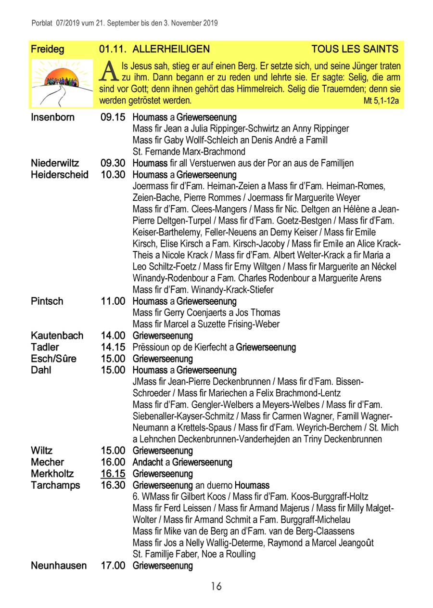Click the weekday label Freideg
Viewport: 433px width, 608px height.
[48, 49]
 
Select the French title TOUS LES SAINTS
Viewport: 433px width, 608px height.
[355, 49]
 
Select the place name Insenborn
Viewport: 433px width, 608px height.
[52, 117]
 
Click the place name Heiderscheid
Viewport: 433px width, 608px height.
[60, 175]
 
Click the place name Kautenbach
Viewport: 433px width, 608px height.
[57, 336]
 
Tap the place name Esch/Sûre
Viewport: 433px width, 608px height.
[53, 359]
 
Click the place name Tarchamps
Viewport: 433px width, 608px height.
[55, 485]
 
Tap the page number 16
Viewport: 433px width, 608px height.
[216, 586]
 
